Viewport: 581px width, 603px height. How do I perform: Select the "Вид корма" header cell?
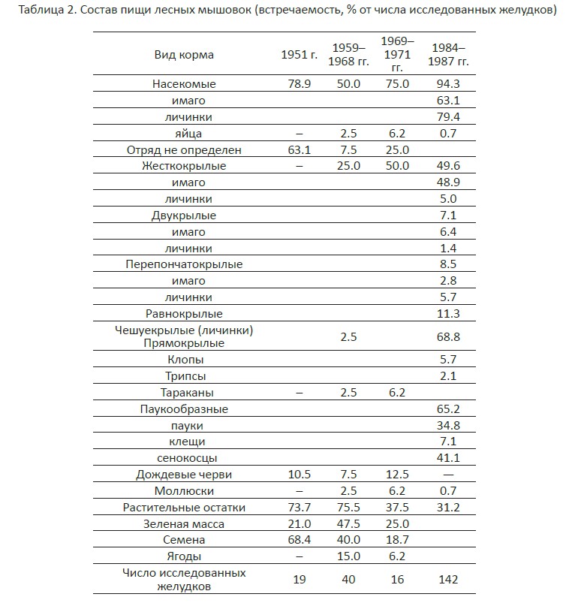coord(184,55)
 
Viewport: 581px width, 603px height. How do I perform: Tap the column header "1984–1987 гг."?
coord(448,55)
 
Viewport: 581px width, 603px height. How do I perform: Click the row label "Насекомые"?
coord(184,84)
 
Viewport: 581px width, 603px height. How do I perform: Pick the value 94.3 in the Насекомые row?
coord(448,84)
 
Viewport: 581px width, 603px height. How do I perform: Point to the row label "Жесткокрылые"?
coord(184,166)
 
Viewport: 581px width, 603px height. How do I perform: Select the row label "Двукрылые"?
coord(184,216)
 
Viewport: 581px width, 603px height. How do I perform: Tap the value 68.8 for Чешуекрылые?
coord(448,336)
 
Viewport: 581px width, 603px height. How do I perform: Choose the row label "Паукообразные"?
coord(184,409)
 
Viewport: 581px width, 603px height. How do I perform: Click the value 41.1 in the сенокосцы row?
coord(448,458)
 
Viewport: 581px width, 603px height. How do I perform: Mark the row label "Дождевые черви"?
coord(184,475)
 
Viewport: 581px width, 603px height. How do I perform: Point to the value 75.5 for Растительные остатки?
coord(348,508)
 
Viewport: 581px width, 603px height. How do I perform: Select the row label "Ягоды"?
coord(184,556)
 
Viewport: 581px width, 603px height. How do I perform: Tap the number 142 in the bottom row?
coord(448,580)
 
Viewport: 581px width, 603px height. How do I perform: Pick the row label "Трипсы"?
coord(184,376)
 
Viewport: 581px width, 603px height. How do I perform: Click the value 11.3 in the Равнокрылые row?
coord(448,314)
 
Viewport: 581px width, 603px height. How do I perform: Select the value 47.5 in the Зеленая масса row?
coord(348,524)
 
